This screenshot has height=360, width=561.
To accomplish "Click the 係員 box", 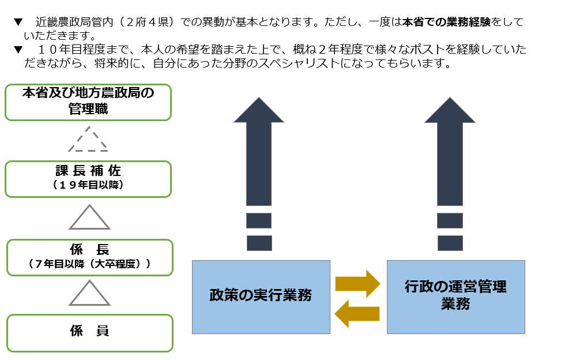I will [x=89, y=333].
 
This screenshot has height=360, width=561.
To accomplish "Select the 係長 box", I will [x=89, y=257].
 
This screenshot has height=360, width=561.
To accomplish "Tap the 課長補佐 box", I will [x=88, y=179].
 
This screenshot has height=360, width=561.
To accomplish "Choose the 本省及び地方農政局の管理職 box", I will [x=88, y=102].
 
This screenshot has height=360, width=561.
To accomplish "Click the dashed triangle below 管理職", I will [x=88, y=140].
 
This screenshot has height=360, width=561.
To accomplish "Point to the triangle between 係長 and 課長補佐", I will [x=89, y=218].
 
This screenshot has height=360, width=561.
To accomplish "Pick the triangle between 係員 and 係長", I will [x=89, y=294].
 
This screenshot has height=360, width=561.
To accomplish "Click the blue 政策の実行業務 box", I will [x=261, y=297].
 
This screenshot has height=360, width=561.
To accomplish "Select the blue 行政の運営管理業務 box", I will [x=455, y=297].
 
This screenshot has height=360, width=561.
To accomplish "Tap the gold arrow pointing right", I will [x=357, y=283].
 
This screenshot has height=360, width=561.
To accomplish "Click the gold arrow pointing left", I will [x=357, y=313].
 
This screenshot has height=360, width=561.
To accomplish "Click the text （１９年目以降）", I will [x=88, y=186].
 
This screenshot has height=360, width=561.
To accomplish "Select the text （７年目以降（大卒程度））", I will [x=89, y=264].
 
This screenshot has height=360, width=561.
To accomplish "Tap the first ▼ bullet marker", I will [x=18, y=23].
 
